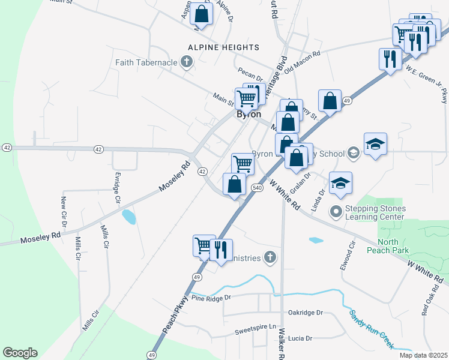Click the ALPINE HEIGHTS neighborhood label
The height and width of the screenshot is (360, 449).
pos(223,47)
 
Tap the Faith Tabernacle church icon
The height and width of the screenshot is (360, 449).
pos(187,61)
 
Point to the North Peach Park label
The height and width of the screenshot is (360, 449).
pos(396,246)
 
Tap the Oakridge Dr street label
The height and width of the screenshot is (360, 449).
pos(305,313)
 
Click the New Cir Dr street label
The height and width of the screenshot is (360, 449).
pos(63,211)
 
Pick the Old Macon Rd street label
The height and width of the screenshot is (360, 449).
pos(303,60)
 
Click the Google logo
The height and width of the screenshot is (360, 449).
pos(20,353)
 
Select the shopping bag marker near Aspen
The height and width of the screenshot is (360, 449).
pos(202,14)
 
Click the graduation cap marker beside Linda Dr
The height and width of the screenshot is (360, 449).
pos(340,182)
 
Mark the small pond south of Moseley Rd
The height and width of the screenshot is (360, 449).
pos(129,217)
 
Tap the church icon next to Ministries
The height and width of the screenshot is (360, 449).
pos(270,257)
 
